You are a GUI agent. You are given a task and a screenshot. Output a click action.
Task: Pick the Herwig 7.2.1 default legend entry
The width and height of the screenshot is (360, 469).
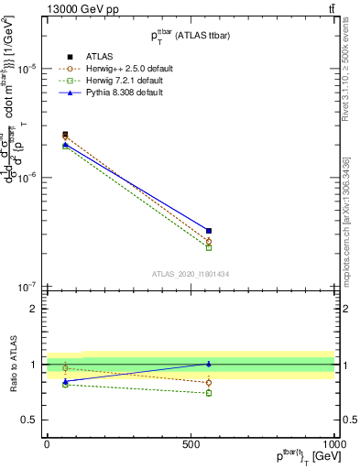click(x=119, y=82)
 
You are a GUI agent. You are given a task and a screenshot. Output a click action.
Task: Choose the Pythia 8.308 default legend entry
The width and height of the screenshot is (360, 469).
click(x=117, y=94)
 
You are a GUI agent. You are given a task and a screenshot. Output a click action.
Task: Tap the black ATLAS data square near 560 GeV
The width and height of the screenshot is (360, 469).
click(x=209, y=231)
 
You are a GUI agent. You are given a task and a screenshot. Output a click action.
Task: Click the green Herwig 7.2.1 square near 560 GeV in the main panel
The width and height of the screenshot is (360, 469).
click(x=209, y=247)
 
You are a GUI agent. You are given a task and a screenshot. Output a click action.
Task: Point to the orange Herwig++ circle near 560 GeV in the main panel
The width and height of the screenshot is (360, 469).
click(x=209, y=241)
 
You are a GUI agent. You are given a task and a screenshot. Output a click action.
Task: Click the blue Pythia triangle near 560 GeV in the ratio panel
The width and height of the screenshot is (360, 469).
click(x=209, y=364)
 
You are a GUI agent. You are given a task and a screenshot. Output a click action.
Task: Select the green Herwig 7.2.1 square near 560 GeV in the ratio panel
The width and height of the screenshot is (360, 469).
click(x=209, y=393)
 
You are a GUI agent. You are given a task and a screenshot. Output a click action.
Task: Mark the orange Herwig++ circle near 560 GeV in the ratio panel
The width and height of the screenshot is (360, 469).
click(x=209, y=383)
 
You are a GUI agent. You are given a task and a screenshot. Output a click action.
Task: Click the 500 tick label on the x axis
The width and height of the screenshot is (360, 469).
click(x=191, y=442)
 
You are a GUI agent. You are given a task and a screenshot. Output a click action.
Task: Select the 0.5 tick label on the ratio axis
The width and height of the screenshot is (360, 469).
click(x=30, y=420)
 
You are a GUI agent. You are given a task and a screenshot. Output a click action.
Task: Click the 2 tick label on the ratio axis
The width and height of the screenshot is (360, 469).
click(x=35, y=309)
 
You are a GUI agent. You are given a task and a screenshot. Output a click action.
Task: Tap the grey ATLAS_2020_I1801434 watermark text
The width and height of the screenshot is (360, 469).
click(x=190, y=274)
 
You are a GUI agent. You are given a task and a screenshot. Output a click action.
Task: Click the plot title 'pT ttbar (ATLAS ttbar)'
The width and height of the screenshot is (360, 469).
click(x=190, y=35)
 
